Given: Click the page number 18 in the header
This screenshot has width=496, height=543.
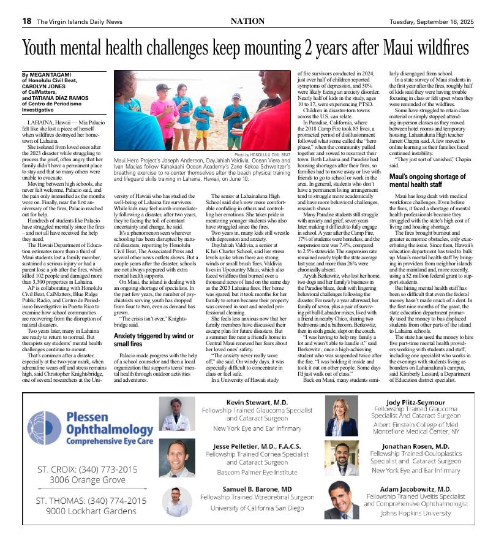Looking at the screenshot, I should point(27,21).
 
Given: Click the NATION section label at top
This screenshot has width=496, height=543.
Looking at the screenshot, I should point(247,21).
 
